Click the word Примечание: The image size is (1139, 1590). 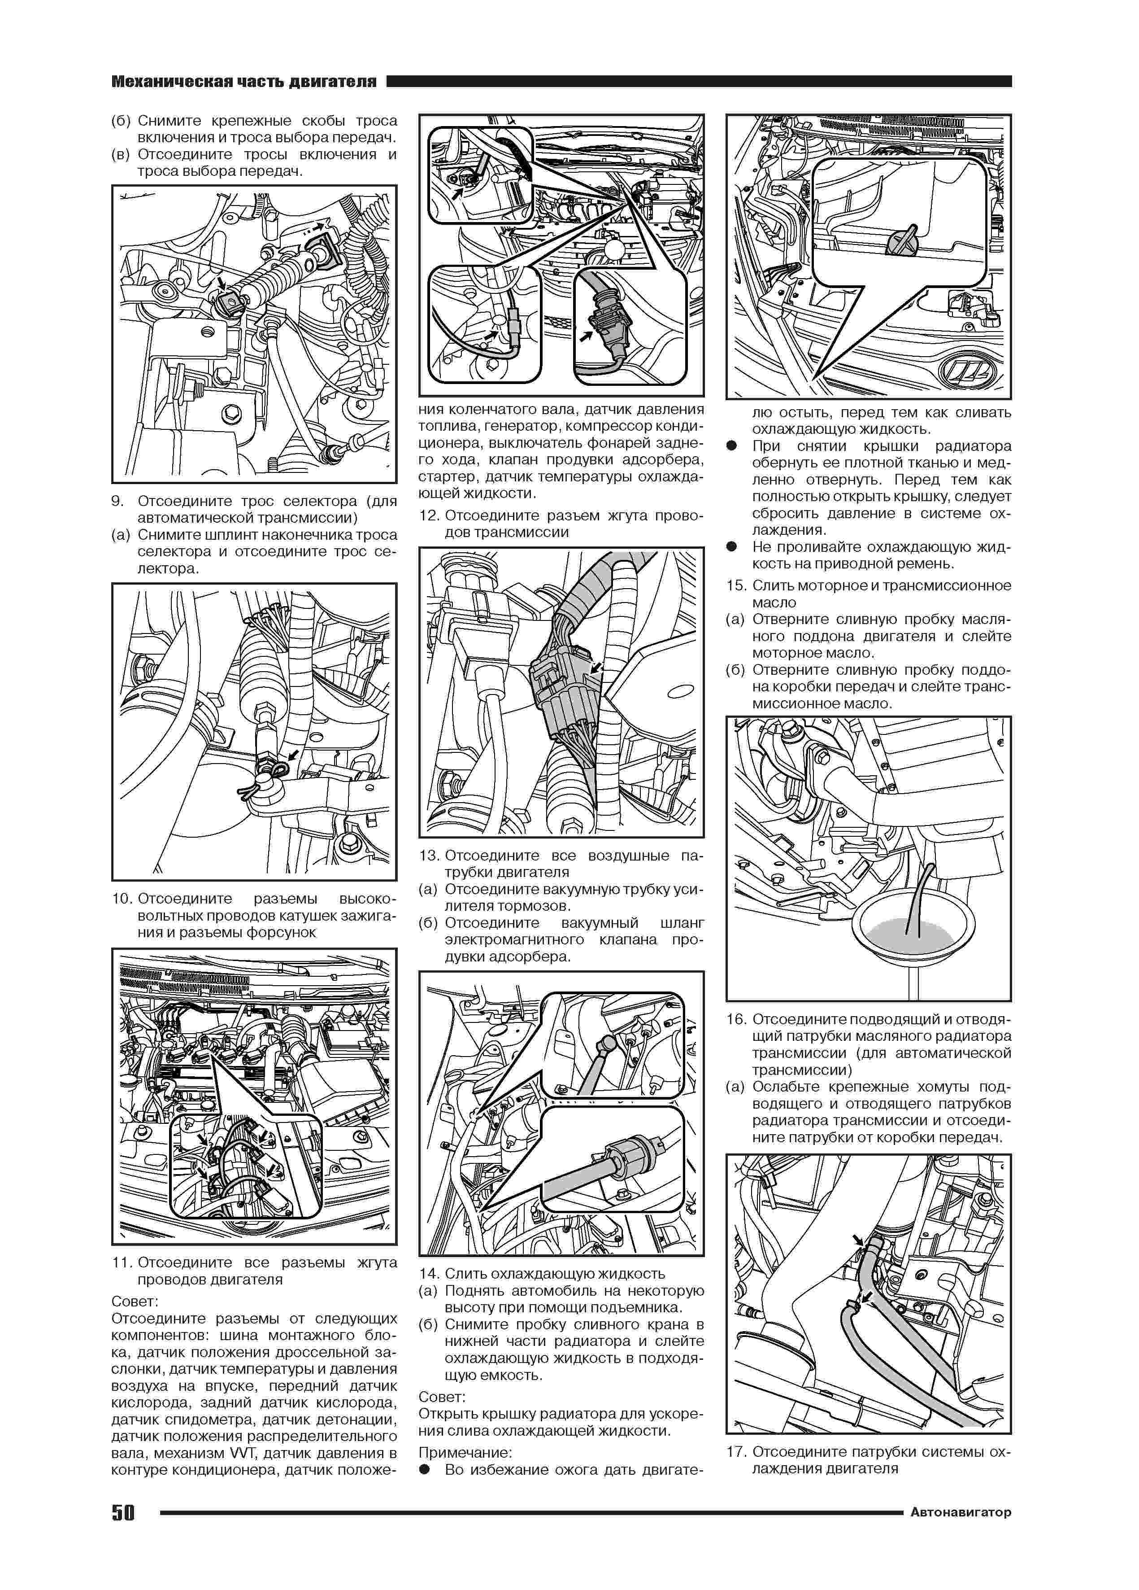465,1453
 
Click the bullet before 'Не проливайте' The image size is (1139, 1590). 732,547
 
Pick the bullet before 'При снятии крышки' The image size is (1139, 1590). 732,446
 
